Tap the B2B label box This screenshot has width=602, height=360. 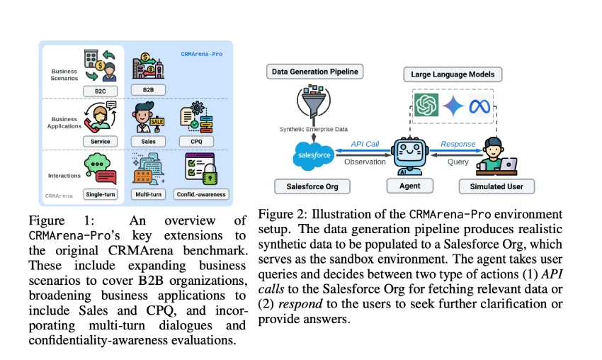(148, 91)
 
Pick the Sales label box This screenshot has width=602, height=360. (148, 141)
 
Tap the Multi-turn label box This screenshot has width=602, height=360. (148, 193)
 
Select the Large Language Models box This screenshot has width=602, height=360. (453, 73)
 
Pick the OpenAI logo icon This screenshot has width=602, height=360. (425, 106)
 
